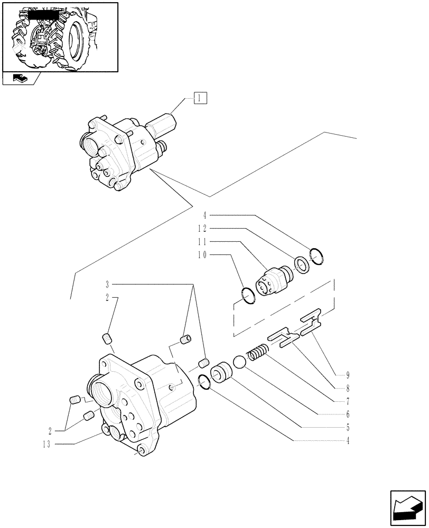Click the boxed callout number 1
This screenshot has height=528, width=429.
200,98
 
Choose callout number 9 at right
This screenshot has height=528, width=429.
348,375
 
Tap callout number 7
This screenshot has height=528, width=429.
348,401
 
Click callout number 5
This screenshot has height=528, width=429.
348,427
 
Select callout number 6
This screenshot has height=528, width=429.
348,414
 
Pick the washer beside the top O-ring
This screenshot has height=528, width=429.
302,265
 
